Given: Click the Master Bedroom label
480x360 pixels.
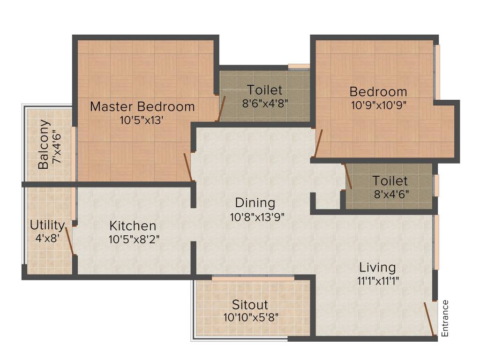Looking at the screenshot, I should tap(142, 106).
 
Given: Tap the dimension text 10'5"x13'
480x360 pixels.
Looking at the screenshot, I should tap(142, 120).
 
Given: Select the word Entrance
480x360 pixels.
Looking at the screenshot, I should tap(445, 318).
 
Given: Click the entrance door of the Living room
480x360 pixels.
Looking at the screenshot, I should tap(429, 319).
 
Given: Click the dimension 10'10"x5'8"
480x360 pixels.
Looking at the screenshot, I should tap(251, 317).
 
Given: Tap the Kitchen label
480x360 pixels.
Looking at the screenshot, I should tap(133, 225).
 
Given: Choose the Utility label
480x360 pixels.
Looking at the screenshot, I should tap(47, 224).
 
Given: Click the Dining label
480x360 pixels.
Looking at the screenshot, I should tap(255, 203).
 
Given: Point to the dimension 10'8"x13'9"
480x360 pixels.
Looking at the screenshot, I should tap(257, 217).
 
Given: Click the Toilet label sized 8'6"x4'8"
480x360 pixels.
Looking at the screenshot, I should tap(265, 89).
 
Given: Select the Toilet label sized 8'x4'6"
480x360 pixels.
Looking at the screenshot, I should tap(390, 180).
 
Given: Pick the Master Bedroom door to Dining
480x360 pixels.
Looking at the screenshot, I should tap(188, 166).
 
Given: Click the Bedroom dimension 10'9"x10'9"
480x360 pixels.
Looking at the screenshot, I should tap(378, 105).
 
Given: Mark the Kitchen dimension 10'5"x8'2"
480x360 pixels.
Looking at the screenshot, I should tap(134, 239).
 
